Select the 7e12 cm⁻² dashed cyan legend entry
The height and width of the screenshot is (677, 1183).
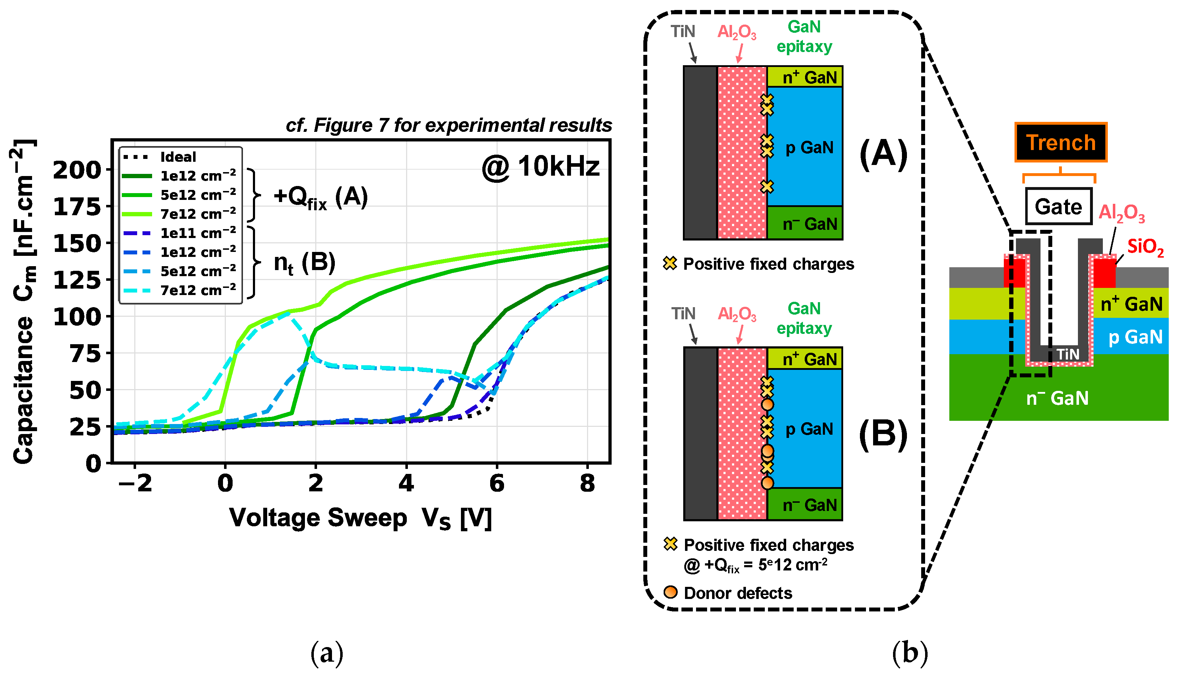[x=198, y=291]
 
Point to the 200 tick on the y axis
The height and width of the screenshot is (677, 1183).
[x=77, y=170]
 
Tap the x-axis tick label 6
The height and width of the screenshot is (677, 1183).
[x=497, y=484]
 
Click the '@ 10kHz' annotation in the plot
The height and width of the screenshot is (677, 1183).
[x=541, y=167]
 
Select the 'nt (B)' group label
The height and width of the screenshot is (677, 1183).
[x=305, y=263]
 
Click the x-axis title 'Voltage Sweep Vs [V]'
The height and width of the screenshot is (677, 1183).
[x=360, y=518]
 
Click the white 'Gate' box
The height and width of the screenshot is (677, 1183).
[x=1058, y=206]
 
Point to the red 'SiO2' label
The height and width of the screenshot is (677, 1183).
[x=1145, y=247]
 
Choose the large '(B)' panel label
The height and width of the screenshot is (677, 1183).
[x=883, y=435]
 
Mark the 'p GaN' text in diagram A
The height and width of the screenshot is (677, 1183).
[x=809, y=148]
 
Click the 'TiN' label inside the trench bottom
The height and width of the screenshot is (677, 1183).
[x=1068, y=354]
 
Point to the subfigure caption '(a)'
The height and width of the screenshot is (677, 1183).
[x=327, y=653]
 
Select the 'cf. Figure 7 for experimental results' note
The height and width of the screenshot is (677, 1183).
[x=448, y=125]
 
